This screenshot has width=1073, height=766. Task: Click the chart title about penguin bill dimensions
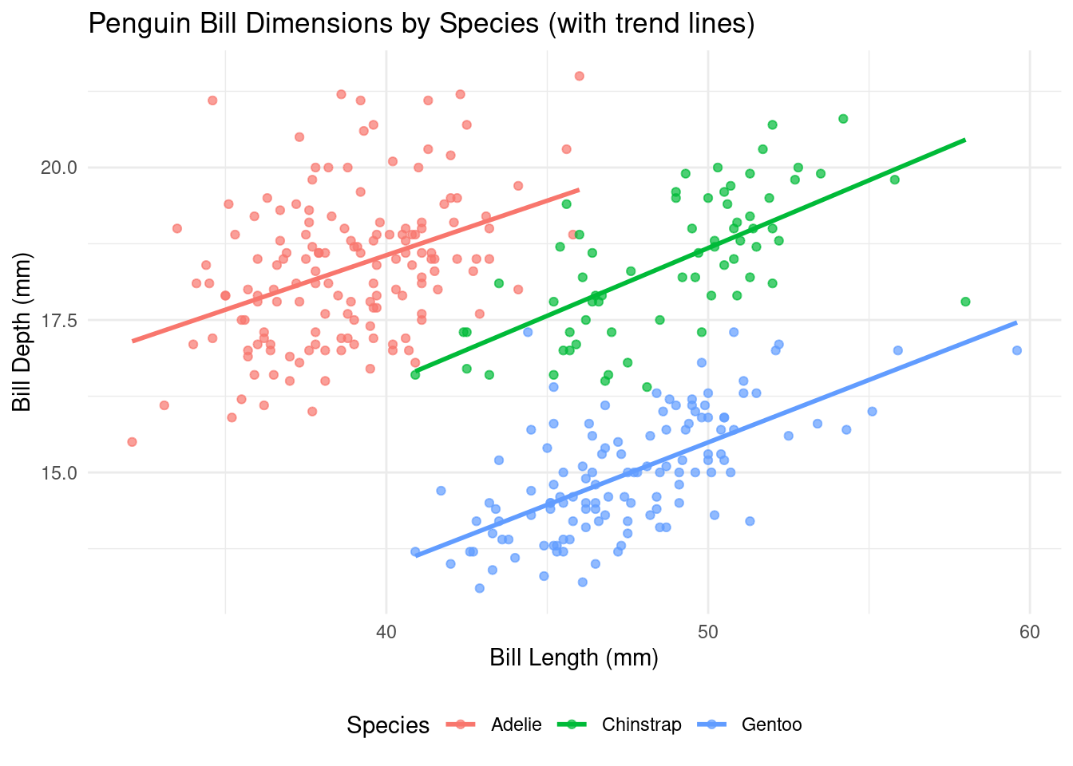[421, 24]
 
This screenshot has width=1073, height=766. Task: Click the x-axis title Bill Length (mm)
[573, 657]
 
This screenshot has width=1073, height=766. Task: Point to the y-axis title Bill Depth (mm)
[22, 332]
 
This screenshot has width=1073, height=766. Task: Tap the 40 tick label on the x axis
[386, 632]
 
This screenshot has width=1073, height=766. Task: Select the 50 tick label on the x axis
[708, 632]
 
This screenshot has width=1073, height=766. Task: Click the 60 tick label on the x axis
[1030, 632]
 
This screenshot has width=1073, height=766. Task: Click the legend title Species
[388, 725]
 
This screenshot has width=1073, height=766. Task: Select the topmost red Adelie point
[580, 76]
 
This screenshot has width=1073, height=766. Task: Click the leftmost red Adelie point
[132, 442]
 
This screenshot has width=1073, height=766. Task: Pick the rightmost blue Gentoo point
[1017, 350]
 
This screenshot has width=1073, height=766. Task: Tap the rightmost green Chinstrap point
[965, 302]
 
